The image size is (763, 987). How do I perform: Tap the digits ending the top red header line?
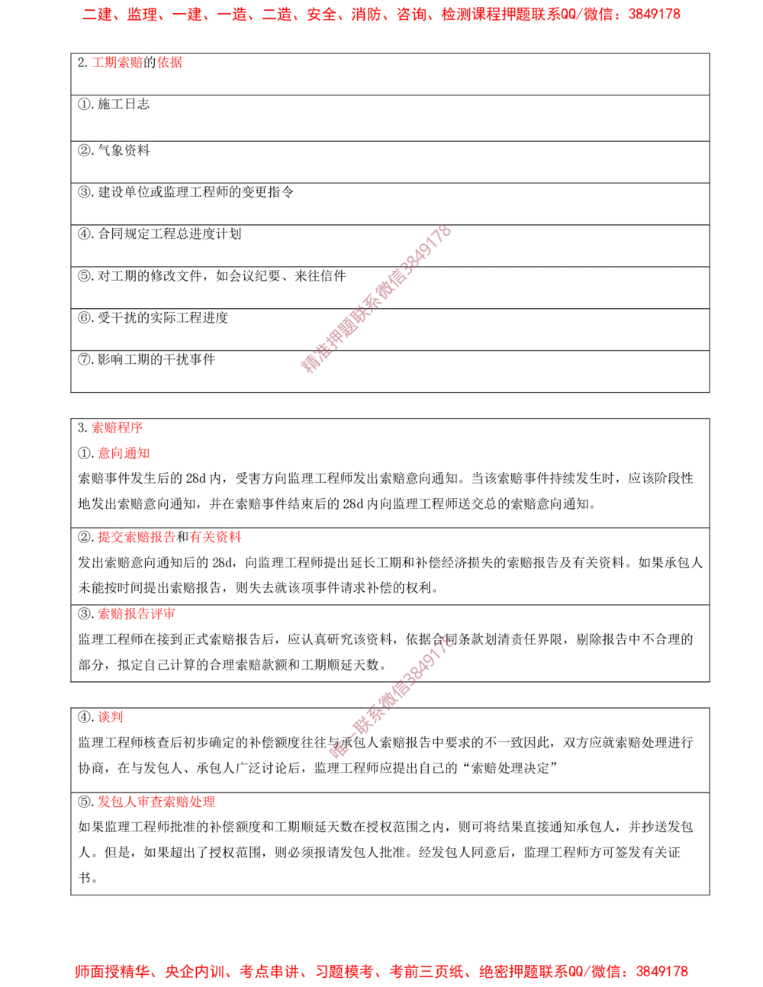658,14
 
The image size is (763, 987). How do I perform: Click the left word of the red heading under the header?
117,64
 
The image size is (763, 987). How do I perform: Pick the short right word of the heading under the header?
169,64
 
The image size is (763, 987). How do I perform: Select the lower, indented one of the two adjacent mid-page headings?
124,454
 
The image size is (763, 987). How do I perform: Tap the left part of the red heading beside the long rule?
136,536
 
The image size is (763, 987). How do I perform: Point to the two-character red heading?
112,717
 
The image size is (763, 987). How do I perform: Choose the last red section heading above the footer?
158,802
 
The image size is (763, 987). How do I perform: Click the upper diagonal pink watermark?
376,300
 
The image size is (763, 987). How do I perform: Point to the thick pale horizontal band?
572,659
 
